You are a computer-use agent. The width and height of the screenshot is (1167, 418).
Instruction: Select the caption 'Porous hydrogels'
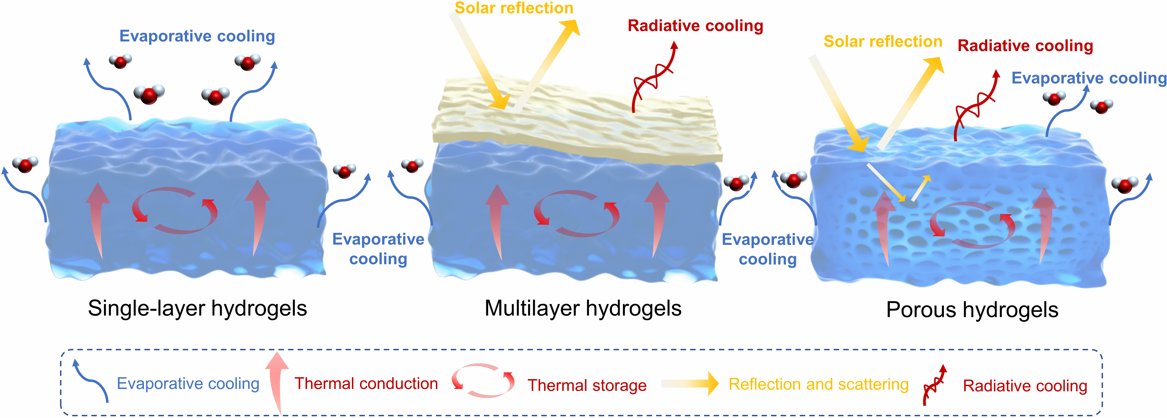tap(972, 310)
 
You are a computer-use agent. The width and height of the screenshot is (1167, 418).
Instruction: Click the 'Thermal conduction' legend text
tap(366, 384)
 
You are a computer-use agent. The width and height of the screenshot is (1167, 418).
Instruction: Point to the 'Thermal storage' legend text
tap(587, 385)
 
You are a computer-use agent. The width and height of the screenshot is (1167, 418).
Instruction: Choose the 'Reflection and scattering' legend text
tap(818, 384)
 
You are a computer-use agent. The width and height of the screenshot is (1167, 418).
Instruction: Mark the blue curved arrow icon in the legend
tap(91, 380)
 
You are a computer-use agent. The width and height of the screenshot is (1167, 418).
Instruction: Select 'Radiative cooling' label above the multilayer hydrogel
tap(695, 26)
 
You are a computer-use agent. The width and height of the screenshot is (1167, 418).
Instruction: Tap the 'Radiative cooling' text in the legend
tap(1025, 386)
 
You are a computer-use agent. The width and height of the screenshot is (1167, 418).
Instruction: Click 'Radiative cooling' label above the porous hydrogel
tap(1025, 46)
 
